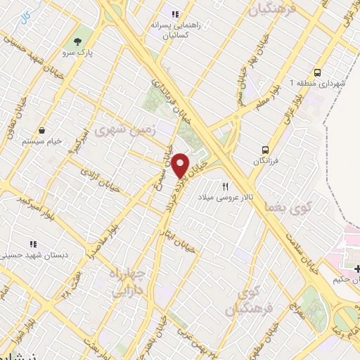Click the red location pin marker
point(181,166)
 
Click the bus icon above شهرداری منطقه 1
point(318,72)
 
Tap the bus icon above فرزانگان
point(266,150)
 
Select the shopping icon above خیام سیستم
point(42,130)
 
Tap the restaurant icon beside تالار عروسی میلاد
point(225,186)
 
